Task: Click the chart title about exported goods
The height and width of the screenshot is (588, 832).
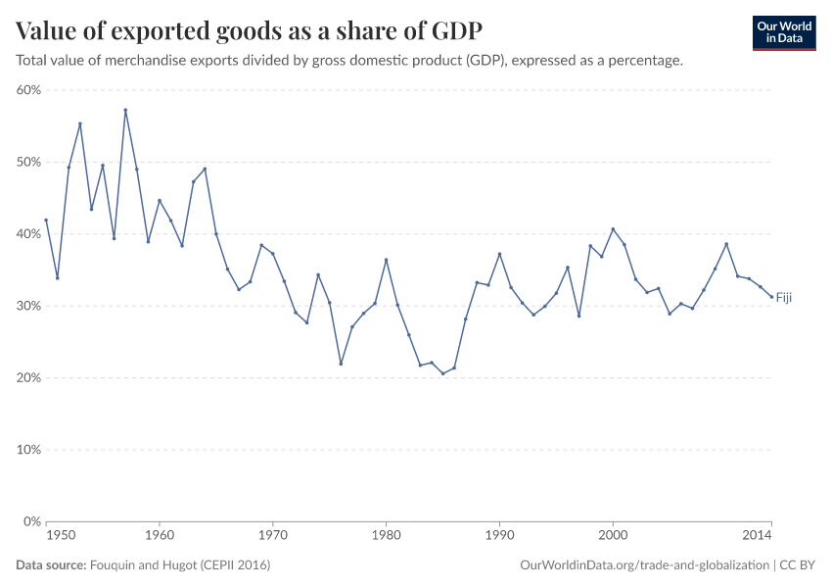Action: [x=249, y=30]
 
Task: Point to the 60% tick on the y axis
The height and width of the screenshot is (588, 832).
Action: [x=27, y=90]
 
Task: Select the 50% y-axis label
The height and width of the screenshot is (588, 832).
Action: [x=27, y=162]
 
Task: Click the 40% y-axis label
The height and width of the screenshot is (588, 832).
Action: [x=27, y=234]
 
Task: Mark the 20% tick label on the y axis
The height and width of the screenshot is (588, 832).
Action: [x=27, y=378]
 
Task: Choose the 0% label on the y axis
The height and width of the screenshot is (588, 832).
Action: [x=30, y=522]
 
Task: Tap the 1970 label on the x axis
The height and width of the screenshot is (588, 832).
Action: [x=272, y=537]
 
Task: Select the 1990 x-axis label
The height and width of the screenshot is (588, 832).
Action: [x=499, y=537]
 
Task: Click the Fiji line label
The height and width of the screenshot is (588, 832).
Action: [x=784, y=298]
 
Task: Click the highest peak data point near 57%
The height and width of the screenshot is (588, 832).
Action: [x=125, y=110]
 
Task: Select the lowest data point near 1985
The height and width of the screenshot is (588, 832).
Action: [x=442, y=373]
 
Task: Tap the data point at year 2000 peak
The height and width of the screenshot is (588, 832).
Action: [x=613, y=229]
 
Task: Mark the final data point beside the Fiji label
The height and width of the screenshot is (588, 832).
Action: [x=771, y=297]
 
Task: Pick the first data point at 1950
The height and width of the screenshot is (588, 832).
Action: [x=46, y=220]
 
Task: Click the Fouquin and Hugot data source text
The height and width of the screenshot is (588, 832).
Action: [x=180, y=565]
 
